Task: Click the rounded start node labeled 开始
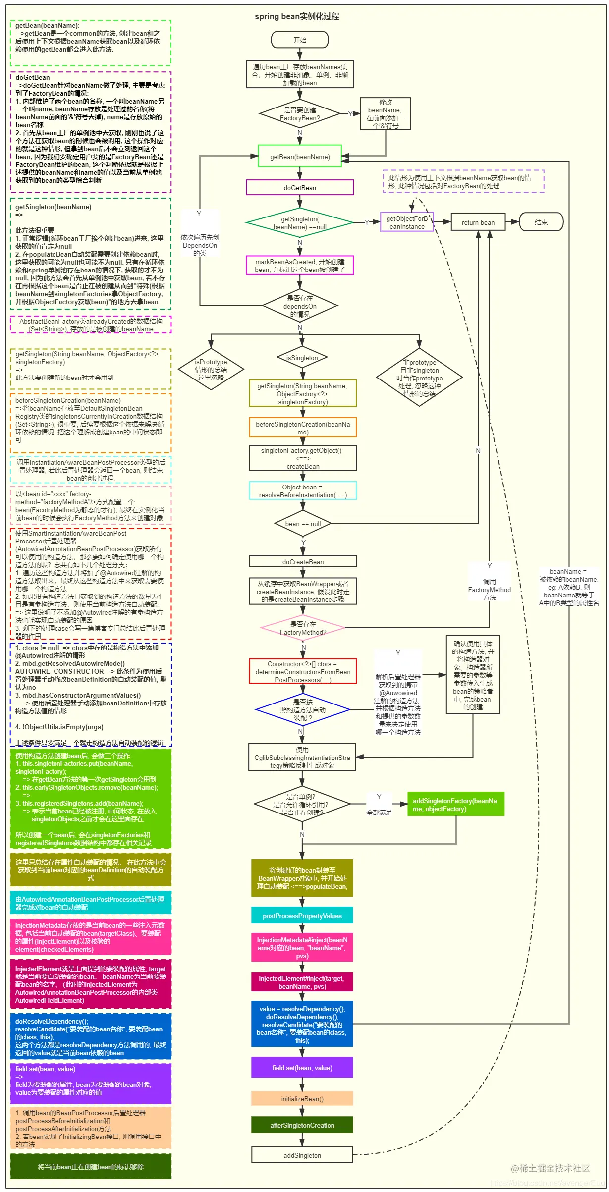click(300, 40)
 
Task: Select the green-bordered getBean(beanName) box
click(300, 157)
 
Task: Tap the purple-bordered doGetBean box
click(300, 188)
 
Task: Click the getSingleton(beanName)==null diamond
click(300, 223)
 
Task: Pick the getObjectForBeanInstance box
click(407, 222)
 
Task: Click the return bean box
click(478, 222)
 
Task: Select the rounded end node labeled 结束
click(541, 222)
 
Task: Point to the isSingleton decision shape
click(302, 358)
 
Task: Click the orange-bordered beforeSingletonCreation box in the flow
click(303, 428)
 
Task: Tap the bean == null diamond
click(303, 524)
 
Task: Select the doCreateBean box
click(303, 562)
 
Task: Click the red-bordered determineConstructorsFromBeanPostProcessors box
click(303, 672)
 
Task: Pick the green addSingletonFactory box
click(455, 805)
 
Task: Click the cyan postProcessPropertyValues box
click(302, 916)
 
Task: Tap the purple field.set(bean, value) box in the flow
click(302, 1068)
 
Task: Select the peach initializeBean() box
click(302, 1099)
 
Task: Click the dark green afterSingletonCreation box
click(302, 1125)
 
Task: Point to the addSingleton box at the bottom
click(302, 1155)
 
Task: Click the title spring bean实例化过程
click(297, 16)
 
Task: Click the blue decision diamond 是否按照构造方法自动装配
click(303, 710)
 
